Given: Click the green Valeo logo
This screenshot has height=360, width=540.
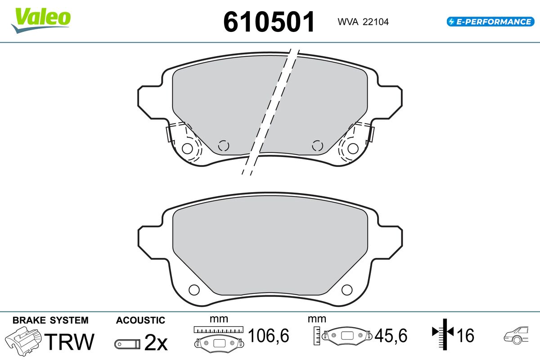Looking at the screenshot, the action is tap(41, 20).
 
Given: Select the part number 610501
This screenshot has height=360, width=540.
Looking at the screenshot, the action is tap(269, 22).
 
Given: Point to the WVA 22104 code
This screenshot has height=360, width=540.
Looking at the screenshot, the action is tap(363, 22).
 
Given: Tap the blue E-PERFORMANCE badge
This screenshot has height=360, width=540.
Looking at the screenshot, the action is tap(490, 22).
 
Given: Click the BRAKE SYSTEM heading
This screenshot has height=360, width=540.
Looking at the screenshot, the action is tap(50, 320).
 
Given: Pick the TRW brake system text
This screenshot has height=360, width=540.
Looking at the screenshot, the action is tap(69, 342).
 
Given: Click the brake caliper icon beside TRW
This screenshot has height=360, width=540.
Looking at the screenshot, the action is tap(23, 341).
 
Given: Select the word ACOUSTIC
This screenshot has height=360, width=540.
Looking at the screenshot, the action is tap(140, 320).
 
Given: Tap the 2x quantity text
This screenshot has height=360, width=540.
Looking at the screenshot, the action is tap(156, 342).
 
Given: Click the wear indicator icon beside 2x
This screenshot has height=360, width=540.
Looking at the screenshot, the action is tap(127, 344).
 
